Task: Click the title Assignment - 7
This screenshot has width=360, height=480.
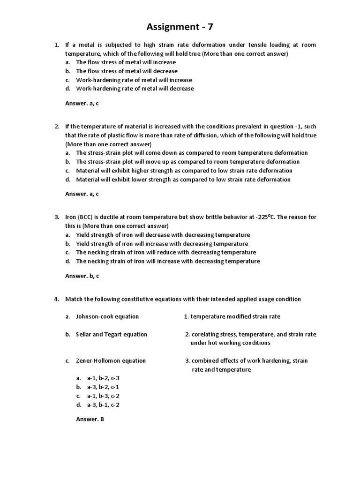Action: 180,27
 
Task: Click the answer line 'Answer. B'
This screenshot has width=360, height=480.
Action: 90,419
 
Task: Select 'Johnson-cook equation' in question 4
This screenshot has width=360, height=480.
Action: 107,316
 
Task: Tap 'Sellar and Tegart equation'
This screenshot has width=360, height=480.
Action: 112,334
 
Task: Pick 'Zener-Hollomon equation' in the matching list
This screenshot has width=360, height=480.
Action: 111,360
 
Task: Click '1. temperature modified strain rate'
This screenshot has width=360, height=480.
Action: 232,316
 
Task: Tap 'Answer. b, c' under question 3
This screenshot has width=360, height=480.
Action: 82,276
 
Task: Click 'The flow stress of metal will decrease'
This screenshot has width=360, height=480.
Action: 127,71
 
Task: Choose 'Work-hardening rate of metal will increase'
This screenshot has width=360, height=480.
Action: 134,80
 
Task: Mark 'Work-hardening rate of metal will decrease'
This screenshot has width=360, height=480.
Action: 135,89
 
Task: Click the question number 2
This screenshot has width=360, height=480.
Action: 57,127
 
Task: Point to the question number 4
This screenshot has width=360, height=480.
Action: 57,299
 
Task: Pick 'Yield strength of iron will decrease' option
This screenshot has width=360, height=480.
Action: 163,235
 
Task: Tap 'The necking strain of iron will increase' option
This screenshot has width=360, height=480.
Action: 168,261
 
